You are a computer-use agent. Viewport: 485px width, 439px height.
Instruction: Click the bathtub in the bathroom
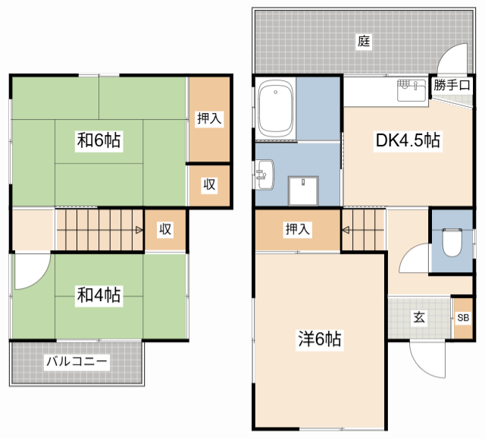tap(275, 108)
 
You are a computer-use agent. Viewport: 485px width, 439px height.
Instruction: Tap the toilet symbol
tap(452, 243)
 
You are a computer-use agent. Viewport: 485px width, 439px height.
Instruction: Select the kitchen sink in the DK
tap(411, 90)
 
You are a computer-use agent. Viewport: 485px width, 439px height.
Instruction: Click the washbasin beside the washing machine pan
tap(264, 174)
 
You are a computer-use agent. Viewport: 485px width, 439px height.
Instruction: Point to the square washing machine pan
tap(303, 191)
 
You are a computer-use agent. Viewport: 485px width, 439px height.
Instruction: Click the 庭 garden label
tap(364, 41)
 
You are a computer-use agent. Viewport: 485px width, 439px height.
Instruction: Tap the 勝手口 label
tap(452, 85)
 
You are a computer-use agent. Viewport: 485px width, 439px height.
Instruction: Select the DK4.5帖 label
tap(408, 140)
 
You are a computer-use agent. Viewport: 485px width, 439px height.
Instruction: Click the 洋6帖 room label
tap(320, 339)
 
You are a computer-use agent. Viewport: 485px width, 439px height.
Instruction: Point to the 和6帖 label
tap(99, 140)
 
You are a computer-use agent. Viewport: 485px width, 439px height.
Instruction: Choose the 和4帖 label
tap(99, 295)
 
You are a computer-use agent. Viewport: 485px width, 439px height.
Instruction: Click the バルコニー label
tap(77, 361)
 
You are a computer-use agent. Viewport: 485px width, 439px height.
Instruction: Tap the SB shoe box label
tap(463, 318)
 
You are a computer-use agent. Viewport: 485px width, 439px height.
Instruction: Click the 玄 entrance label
tap(419, 317)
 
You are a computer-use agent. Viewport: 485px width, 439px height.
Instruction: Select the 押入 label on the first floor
tap(297, 229)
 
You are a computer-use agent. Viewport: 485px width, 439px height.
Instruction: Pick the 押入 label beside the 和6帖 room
tap(209, 118)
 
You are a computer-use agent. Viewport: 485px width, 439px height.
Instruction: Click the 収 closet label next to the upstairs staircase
tap(165, 229)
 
